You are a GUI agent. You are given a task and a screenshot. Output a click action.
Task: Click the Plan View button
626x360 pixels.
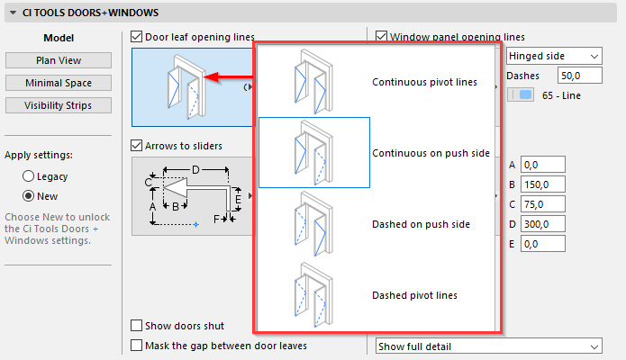point(59,60)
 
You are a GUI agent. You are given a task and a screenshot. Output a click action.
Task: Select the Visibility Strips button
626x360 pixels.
point(59,105)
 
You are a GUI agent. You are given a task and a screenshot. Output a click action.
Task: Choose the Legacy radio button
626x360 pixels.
point(29,176)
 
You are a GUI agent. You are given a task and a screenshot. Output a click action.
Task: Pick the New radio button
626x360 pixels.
point(29,196)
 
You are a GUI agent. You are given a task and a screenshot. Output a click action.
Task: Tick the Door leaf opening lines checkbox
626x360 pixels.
point(137,37)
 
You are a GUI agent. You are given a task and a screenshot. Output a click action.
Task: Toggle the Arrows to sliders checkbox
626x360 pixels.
point(137,146)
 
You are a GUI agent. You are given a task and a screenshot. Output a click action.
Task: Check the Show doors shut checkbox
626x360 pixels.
point(137,326)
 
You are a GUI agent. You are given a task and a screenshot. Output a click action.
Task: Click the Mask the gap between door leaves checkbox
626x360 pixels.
point(137,345)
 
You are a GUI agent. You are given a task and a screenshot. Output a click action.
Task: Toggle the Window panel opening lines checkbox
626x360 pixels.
point(382,37)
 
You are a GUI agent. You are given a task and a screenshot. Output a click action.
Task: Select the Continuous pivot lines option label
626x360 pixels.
point(424,83)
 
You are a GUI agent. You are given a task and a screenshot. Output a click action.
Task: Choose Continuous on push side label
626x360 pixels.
point(431,154)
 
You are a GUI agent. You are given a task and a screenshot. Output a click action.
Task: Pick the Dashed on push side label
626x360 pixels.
point(420,224)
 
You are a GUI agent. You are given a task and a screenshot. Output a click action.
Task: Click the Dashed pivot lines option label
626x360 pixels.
point(414,295)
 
